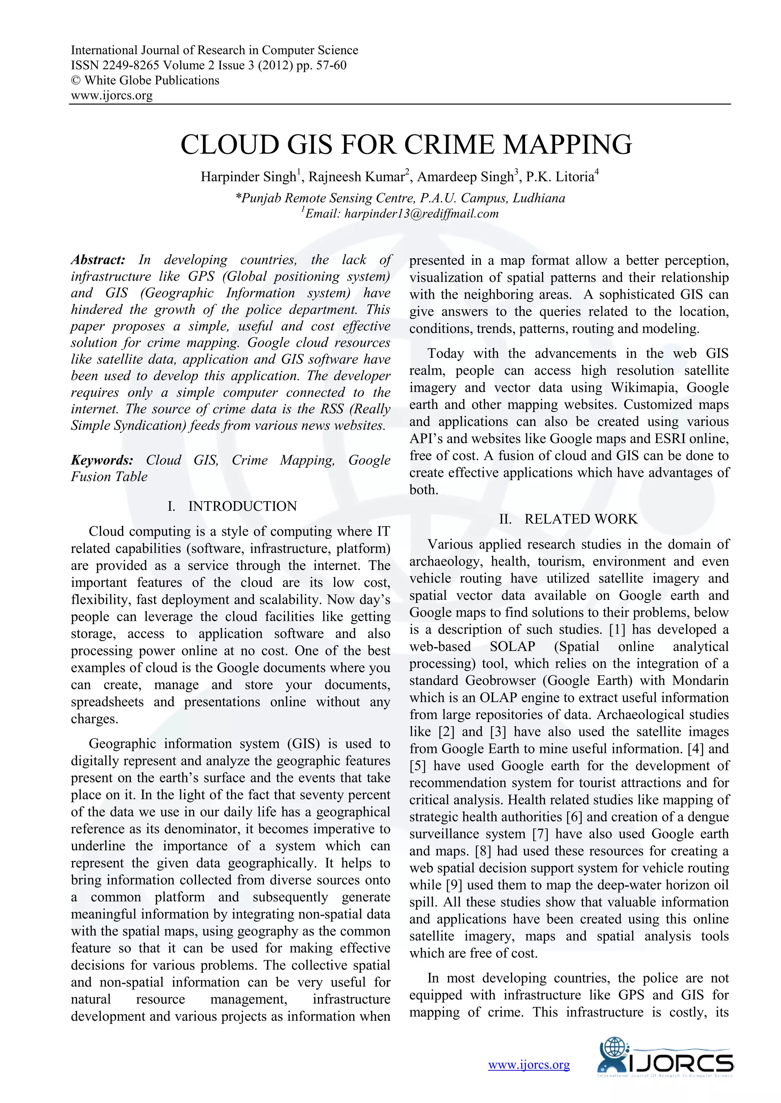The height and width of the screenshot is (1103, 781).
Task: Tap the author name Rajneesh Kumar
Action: tap(355, 177)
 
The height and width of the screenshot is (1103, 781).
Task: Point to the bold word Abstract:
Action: tap(98, 260)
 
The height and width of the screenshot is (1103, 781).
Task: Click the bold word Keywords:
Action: tap(102, 460)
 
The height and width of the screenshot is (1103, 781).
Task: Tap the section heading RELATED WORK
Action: tap(580, 519)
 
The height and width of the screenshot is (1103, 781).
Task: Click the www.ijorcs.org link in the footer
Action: tap(529, 1065)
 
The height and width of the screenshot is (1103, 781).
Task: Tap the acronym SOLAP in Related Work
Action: tap(512, 647)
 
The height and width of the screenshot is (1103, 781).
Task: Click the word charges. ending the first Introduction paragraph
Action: tap(94, 719)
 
